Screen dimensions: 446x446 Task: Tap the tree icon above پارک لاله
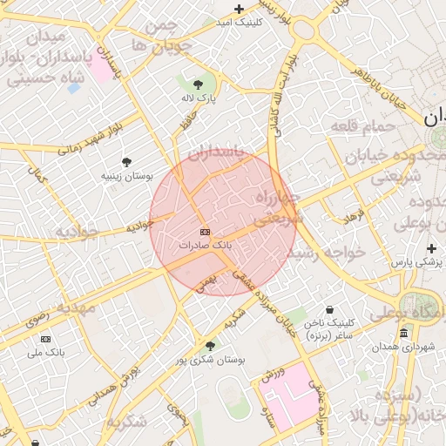tap(198, 84)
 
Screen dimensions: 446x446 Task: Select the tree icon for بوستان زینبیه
tap(127, 162)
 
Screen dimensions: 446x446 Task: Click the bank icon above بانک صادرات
tap(206, 232)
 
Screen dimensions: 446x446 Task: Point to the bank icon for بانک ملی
tap(46, 339)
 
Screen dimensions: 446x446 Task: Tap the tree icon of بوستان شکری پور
tap(210, 346)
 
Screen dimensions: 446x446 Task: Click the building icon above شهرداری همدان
tap(403, 334)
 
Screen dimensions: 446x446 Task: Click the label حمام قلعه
tap(357, 128)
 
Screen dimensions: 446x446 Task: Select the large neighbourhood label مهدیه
tap(76, 307)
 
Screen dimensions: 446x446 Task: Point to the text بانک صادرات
tap(206, 246)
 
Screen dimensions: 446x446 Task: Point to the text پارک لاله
tap(198, 98)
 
